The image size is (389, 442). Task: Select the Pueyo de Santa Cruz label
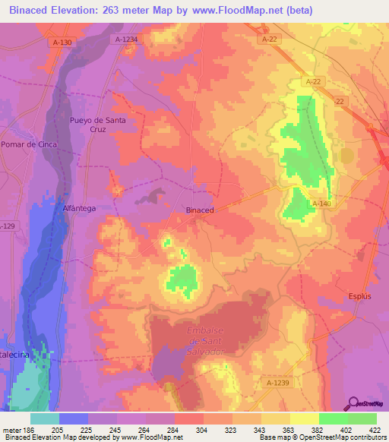(x=96, y=125)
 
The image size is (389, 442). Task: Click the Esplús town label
(x=359, y=296)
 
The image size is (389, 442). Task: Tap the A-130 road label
(x=62, y=43)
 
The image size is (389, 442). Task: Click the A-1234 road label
(x=127, y=38)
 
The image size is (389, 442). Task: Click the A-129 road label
(x=7, y=226)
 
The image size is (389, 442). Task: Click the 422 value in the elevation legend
(x=375, y=429)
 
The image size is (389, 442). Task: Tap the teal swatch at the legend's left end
(x=45, y=418)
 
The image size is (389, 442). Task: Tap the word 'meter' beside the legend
(x=10, y=429)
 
